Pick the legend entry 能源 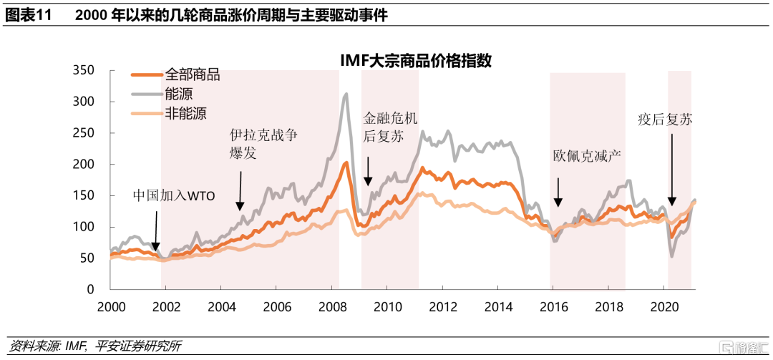[x=178, y=93]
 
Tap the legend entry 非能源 [x=185, y=112]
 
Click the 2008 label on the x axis [x=331, y=306]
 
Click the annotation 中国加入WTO [x=174, y=195]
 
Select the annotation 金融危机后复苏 [x=390, y=127]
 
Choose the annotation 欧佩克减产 [x=586, y=155]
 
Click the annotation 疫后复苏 [x=665, y=120]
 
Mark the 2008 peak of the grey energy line [x=346, y=94]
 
